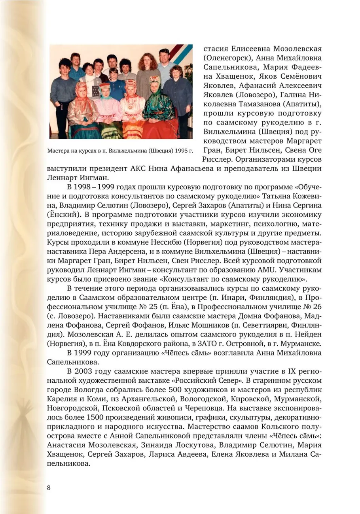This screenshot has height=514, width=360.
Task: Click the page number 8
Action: (x=49, y=487)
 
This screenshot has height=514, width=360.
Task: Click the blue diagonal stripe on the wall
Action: (x=182, y=56)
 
